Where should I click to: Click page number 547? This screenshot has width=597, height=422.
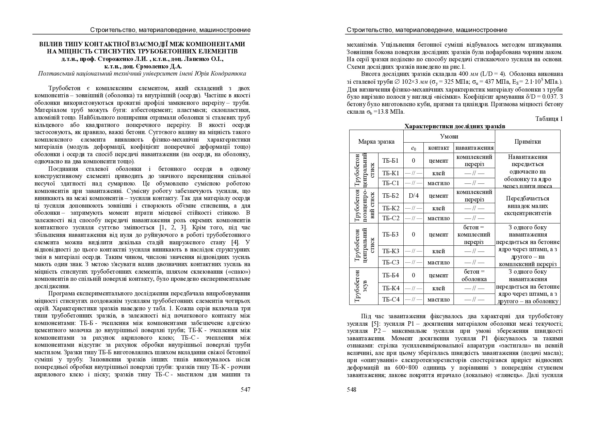[245, 390]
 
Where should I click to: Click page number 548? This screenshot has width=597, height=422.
[352, 390]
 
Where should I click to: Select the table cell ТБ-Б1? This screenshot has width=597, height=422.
[390, 161]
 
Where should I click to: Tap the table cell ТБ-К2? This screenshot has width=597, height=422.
[390, 208]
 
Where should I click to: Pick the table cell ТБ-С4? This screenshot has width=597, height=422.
[390, 299]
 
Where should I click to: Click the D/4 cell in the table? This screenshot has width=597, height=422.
[414, 196]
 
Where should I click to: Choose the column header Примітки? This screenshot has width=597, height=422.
[527, 142]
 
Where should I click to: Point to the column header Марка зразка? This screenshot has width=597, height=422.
[376, 142]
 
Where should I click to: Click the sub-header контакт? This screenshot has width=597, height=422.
[438, 148]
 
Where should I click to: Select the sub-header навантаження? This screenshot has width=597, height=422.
[474, 148]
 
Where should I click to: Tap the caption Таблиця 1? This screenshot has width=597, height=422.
[549, 119]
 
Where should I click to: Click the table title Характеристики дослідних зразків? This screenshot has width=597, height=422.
[454, 126]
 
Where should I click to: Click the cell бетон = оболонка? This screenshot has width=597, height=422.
[474, 275]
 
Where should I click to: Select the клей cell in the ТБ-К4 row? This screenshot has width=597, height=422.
[438, 288]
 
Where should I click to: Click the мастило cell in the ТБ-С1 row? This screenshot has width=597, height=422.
[438, 183]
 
